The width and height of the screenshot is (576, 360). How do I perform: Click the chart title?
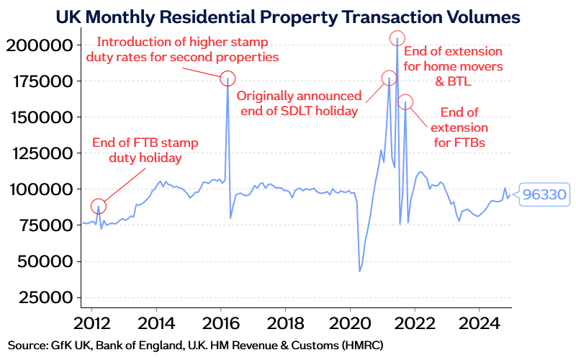288,15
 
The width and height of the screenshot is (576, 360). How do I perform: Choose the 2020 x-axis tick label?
349,320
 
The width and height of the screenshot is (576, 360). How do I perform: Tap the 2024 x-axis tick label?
479,320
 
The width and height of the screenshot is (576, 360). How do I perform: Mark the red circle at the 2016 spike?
228,78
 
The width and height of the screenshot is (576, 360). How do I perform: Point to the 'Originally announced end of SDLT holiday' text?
299,103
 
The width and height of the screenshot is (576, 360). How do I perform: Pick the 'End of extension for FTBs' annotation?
459,127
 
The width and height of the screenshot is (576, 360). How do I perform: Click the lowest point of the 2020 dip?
359,271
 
